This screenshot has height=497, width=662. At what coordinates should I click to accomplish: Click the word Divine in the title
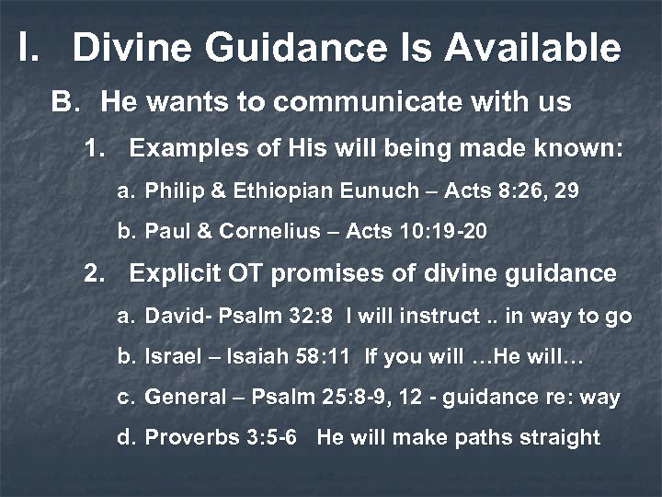coord(130,48)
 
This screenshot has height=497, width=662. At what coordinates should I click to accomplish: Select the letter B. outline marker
coord(66,101)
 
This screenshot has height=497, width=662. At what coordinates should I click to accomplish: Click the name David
coord(168,318)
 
